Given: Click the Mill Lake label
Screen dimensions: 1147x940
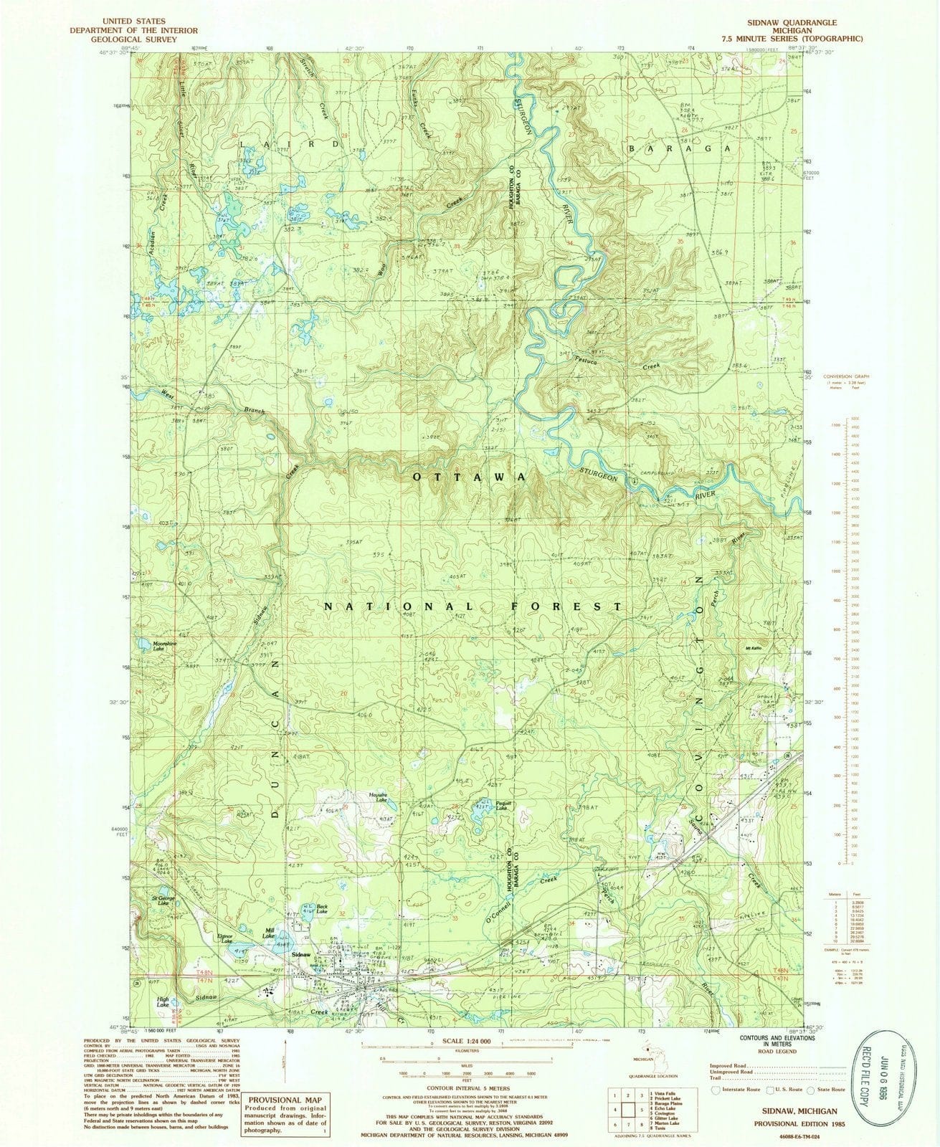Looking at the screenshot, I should [x=269, y=935].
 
